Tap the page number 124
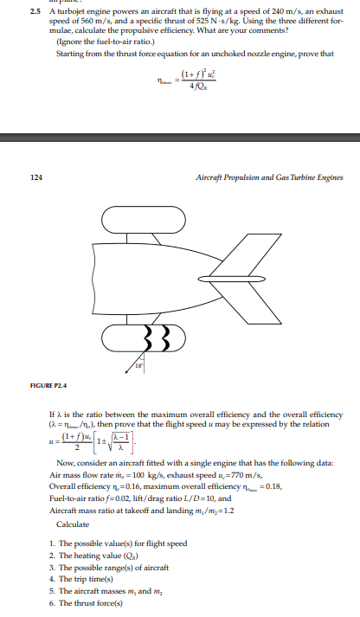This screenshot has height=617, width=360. [x=35, y=177]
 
